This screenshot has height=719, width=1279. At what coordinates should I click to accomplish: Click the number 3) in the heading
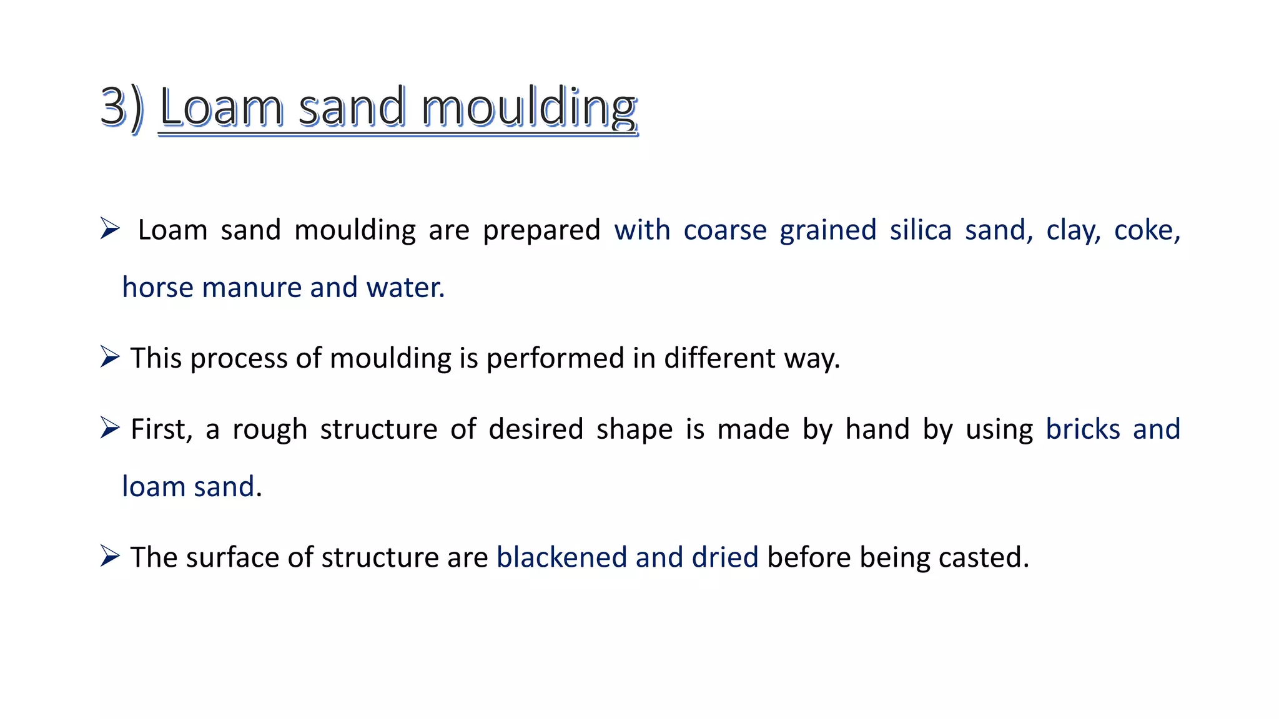[x=122, y=107]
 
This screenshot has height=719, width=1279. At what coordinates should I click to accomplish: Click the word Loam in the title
[x=221, y=107]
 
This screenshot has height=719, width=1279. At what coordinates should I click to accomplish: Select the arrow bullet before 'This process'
[x=110, y=357]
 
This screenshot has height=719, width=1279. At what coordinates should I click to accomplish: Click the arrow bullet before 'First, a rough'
[x=110, y=428]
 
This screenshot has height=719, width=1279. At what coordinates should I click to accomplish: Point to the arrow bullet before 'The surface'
[x=110, y=556]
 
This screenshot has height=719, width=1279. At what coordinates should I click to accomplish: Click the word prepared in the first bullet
[x=541, y=230]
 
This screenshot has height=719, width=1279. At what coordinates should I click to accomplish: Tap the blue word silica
[x=921, y=230]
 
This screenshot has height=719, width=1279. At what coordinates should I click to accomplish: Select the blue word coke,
[x=1147, y=230]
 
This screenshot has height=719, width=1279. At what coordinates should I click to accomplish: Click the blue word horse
[x=157, y=287]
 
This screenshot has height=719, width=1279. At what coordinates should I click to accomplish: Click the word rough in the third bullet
[x=270, y=429]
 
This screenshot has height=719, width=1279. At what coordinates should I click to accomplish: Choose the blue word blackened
[x=561, y=557]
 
